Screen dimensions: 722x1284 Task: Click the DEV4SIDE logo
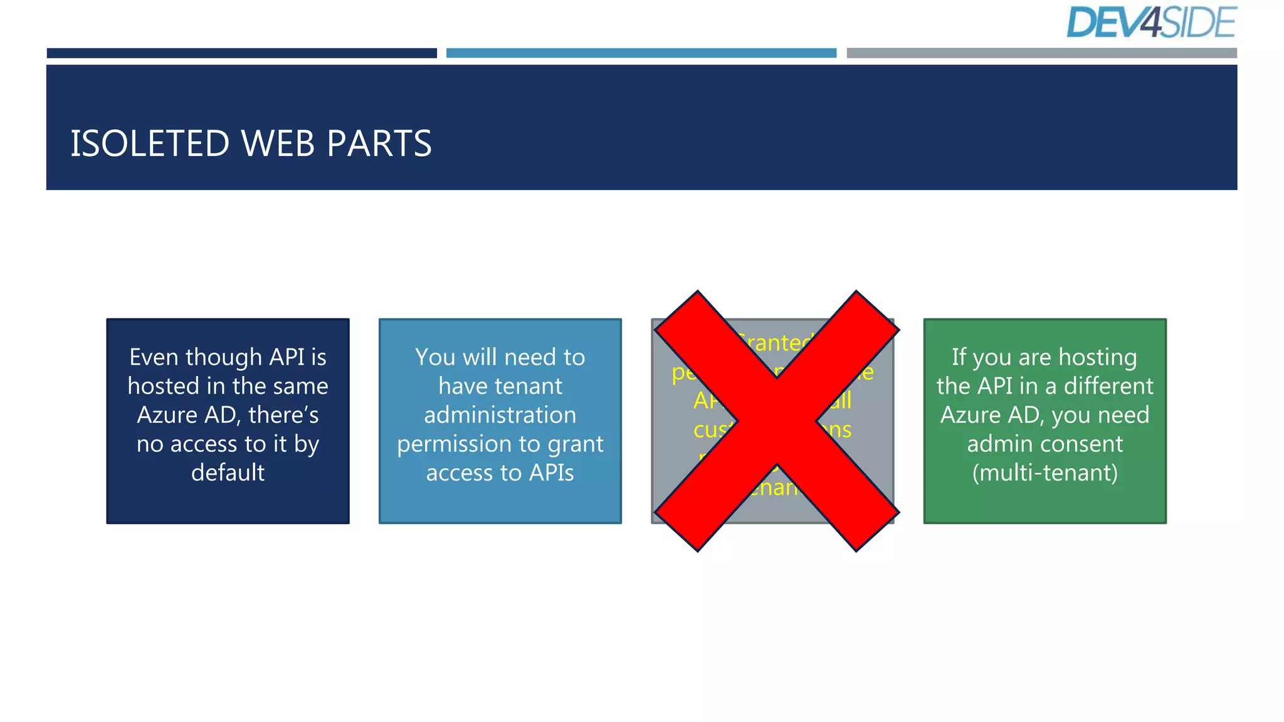[x=1151, y=23]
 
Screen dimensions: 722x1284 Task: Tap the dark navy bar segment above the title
[x=241, y=53]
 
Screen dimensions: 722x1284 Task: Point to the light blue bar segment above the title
[x=641, y=53]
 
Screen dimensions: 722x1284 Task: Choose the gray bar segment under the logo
[x=1041, y=53]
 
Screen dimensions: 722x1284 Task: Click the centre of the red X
[x=776, y=421]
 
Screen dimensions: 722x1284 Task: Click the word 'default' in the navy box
[x=228, y=473]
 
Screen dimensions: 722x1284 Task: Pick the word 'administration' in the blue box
[x=500, y=415]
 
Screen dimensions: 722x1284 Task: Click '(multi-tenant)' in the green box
[x=1045, y=473]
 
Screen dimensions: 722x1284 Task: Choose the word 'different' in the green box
[x=1108, y=386]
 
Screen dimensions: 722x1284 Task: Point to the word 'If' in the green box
[x=959, y=357]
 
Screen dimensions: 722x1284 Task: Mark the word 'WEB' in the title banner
[x=278, y=144]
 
